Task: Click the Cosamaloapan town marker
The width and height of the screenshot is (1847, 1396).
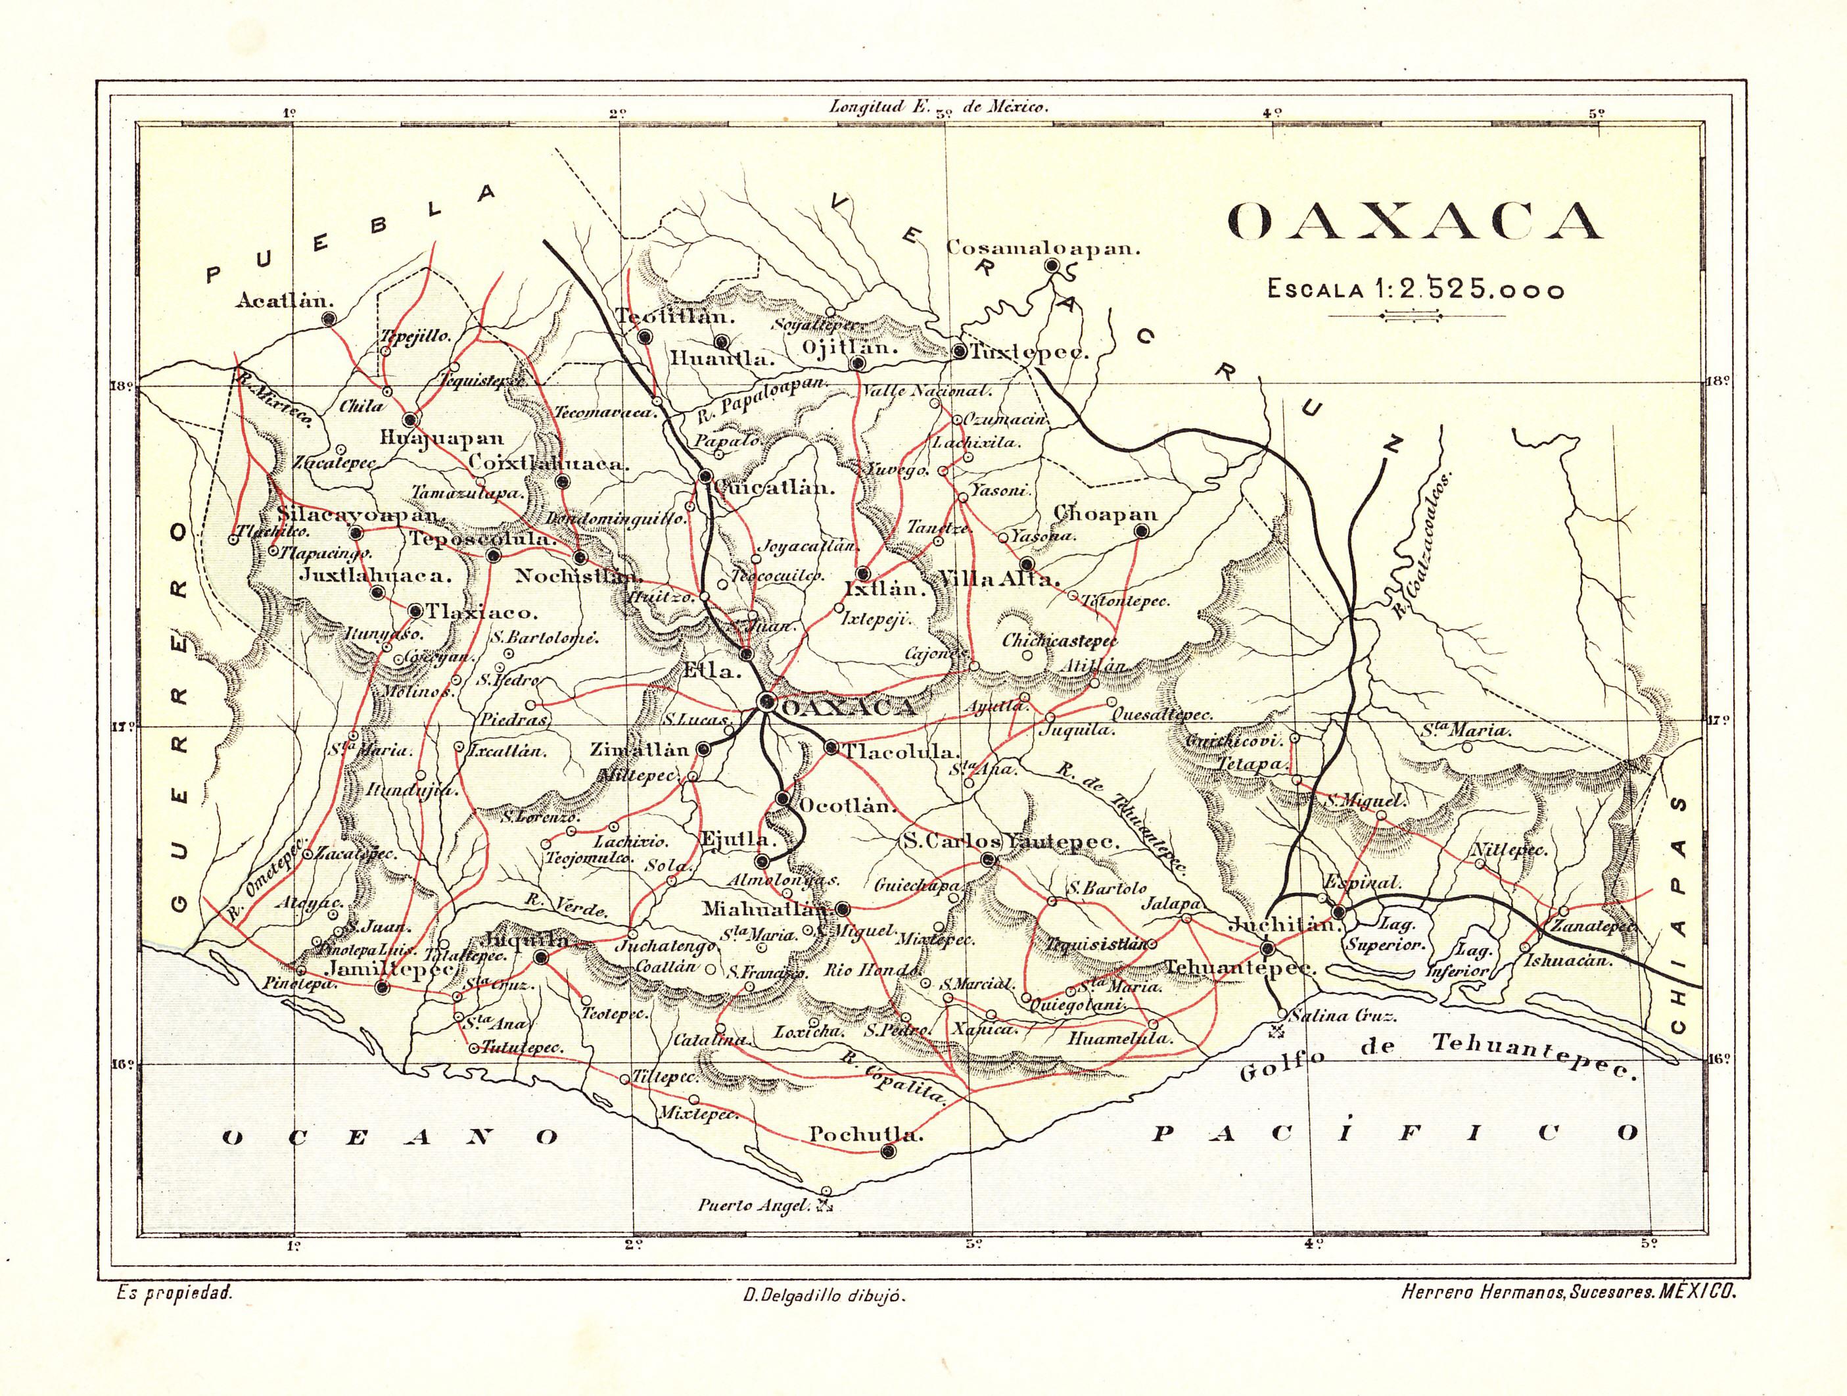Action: coord(1052,266)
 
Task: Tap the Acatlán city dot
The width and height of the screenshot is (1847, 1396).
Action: coord(329,318)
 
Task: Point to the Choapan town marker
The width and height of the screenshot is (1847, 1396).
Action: coord(1142,531)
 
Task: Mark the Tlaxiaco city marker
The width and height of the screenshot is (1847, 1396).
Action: coord(415,611)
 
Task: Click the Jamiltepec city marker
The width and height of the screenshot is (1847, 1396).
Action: coord(383,988)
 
